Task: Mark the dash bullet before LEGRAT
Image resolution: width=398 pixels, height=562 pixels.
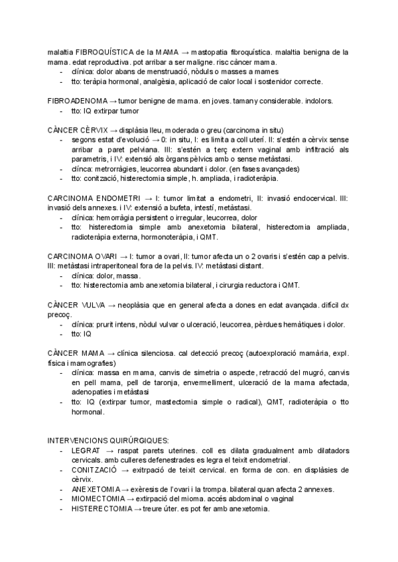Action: click(x=62, y=450)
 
